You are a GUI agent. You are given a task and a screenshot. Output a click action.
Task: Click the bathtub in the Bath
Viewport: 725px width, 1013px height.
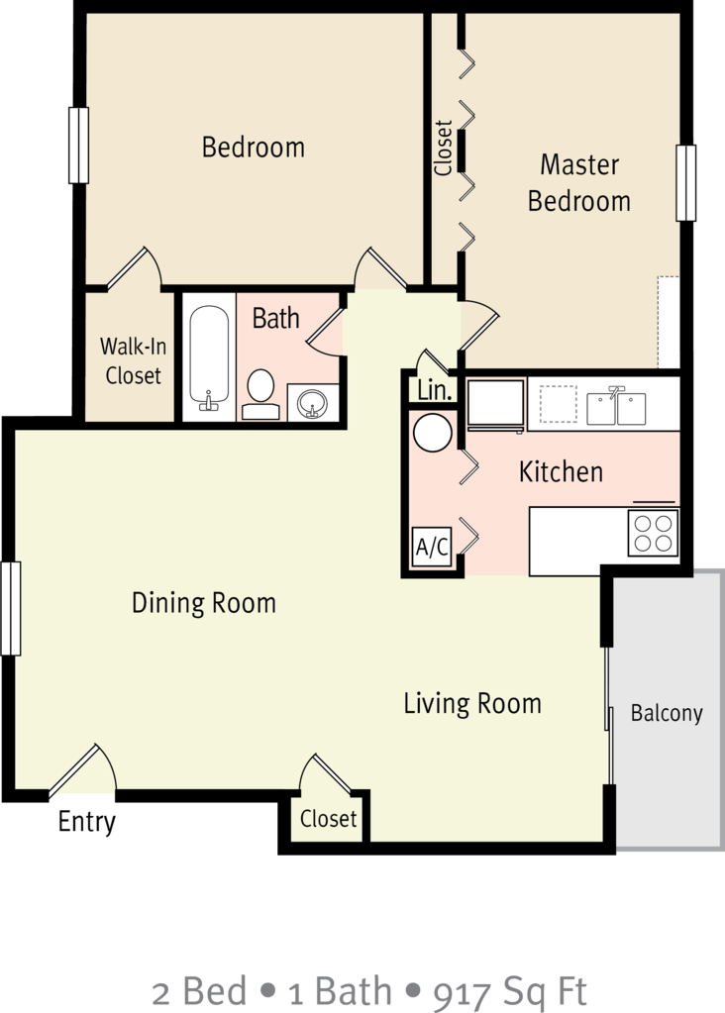pyautogui.click(x=208, y=356)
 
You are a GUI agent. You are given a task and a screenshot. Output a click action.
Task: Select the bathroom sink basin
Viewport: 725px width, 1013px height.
pyautogui.click(x=313, y=402)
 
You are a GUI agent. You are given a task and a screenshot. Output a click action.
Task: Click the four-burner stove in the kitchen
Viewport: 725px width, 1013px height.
pyautogui.click(x=653, y=534)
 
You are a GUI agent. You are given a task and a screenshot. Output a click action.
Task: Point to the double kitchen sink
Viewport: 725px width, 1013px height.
pyautogui.click(x=616, y=407)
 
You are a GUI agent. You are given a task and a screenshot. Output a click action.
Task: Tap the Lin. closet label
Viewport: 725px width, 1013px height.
pyautogui.click(x=434, y=390)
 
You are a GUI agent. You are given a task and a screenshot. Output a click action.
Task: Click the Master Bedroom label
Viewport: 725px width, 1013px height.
pyautogui.click(x=578, y=182)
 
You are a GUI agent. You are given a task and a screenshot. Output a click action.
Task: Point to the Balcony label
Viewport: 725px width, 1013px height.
pyautogui.click(x=667, y=713)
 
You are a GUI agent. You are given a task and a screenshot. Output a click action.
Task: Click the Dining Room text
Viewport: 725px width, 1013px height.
pyautogui.click(x=204, y=602)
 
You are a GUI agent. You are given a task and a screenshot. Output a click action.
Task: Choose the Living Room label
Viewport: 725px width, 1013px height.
pyautogui.click(x=472, y=703)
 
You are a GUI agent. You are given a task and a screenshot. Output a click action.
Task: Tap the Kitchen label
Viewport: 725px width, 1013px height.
pyautogui.click(x=561, y=471)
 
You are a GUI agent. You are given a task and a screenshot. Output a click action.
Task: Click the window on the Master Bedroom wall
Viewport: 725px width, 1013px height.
pyautogui.click(x=685, y=183)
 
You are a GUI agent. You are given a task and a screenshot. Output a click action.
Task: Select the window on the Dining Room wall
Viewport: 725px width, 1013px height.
pyautogui.click(x=11, y=608)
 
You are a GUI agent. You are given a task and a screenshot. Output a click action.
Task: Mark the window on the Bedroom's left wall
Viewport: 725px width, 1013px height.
pyautogui.click(x=78, y=145)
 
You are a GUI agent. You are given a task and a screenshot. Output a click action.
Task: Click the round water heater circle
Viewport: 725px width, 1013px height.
pyautogui.click(x=432, y=433)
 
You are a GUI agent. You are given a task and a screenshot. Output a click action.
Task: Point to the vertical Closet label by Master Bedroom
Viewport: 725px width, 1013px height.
pyautogui.click(x=444, y=149)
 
